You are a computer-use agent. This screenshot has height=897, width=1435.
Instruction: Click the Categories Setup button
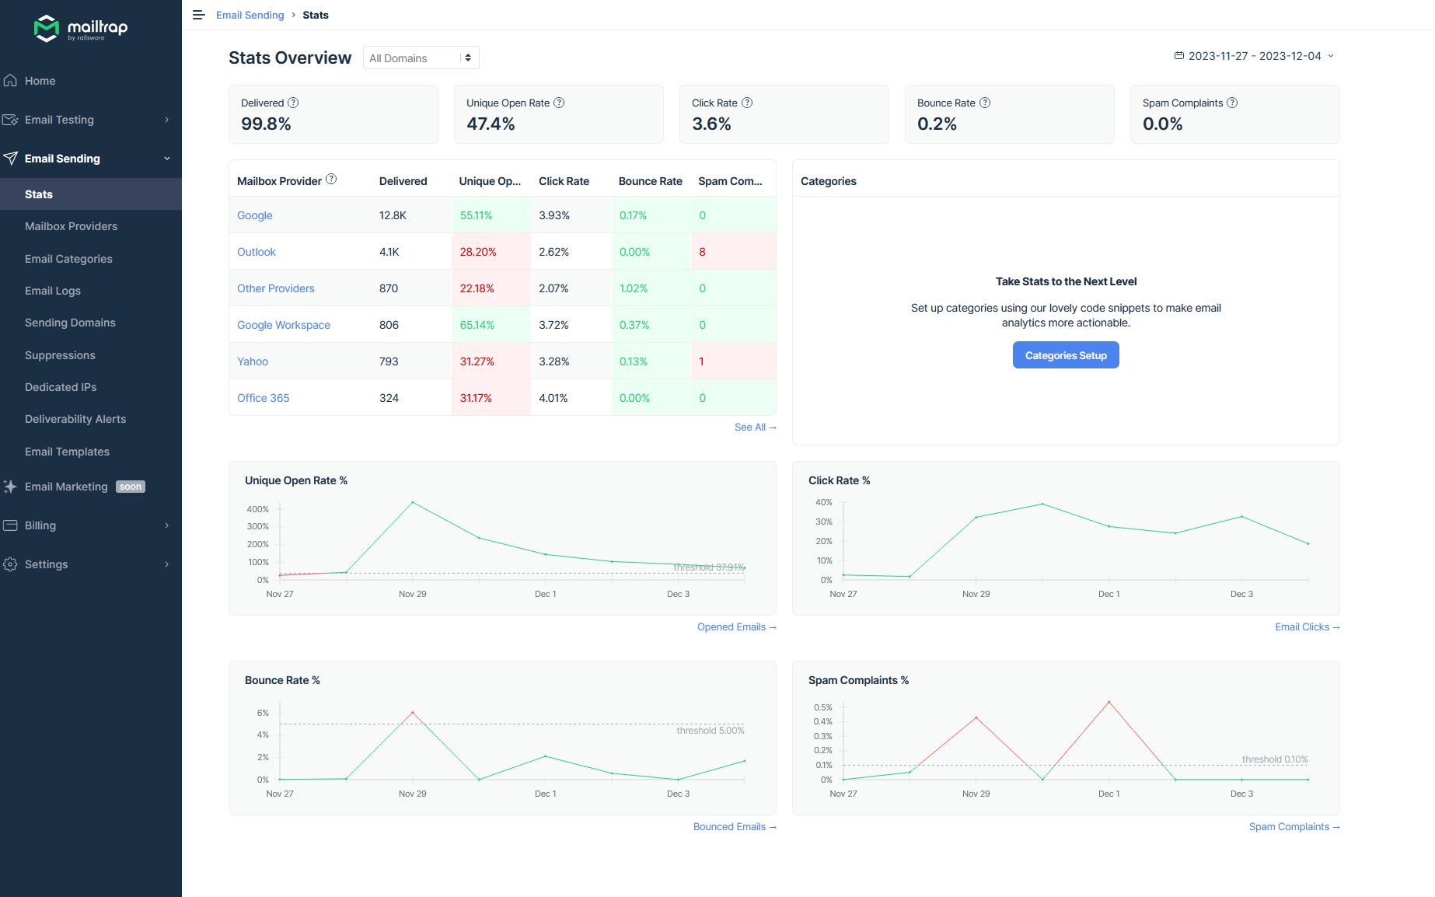click(1066, 355)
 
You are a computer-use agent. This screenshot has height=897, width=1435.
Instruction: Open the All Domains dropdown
click(421, 58)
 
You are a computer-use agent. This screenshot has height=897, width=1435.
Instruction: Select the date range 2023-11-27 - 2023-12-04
click(1254, 56)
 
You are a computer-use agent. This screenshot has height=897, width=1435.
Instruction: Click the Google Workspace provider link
click(284, 325)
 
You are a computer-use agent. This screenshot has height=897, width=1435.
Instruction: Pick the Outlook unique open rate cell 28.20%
click(478, 252)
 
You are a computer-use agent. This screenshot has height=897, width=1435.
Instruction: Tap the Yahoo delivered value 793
click(389, 361)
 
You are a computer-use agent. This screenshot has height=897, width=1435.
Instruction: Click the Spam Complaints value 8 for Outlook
click(703, 252)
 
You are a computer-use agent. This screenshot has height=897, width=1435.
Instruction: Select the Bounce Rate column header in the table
click(651, 181)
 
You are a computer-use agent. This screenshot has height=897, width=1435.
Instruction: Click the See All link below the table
click(755, 428)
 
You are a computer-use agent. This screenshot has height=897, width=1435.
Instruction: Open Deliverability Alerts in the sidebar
click(75, 419)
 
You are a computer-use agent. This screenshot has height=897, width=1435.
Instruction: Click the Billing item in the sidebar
click(40, 525)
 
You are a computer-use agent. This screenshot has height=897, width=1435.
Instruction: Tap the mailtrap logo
click(81, 29)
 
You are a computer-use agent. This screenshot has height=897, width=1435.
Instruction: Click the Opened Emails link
click(736, 627)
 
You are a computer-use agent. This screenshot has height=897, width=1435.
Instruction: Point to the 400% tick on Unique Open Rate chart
click(258, 509)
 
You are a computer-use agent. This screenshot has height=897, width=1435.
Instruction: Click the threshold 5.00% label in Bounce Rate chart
click(711, 731)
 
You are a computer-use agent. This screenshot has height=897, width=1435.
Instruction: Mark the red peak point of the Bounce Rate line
click(413, 712)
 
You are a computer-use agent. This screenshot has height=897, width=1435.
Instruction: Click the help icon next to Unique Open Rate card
click(559, 103)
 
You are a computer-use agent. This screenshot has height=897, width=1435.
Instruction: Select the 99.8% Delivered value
click(266, 124)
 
